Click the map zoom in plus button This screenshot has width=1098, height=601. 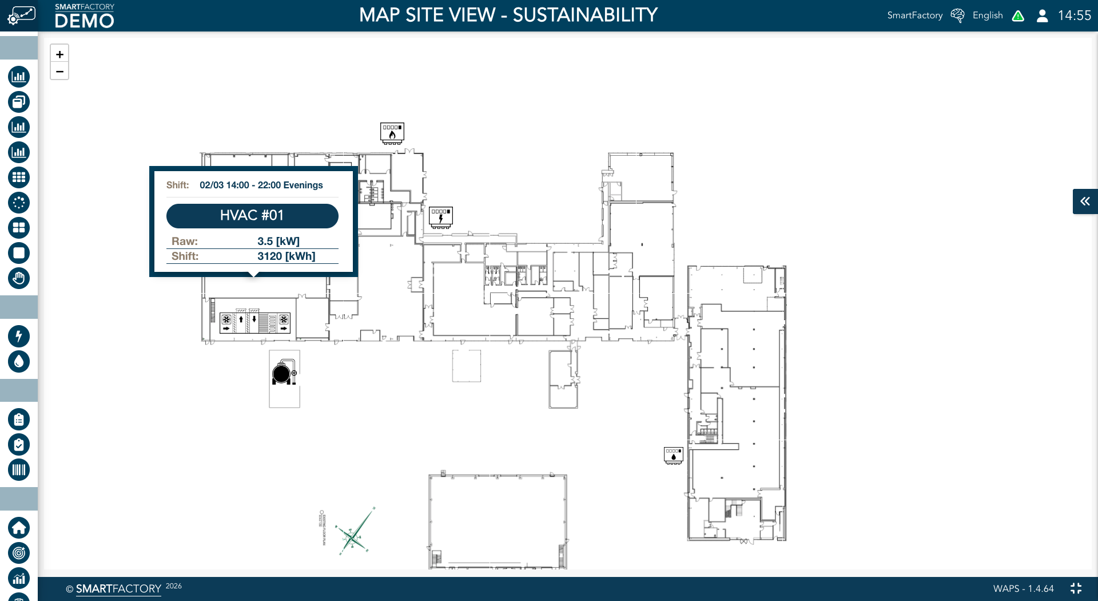click(x=59, y=54)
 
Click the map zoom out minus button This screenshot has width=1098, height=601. click(x=59, y=72)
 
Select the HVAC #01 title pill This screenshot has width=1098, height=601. click(x=252, y=216)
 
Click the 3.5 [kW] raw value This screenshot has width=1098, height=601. click(x=278, y=242)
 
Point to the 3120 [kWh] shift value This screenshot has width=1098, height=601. click(x=286, y=256)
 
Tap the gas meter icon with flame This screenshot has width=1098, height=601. click(x=392, y=133)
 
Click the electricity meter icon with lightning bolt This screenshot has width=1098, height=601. click(x=441, y=218)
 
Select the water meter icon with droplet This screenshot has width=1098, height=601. click(x=674, y=456)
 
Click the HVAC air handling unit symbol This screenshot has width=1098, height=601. click(x=255, y=323)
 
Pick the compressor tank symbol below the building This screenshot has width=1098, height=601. click(x=284, y=373)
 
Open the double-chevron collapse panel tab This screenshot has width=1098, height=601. click(x=1085, y=201)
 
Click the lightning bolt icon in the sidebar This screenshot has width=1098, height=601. click(x=19, y=337)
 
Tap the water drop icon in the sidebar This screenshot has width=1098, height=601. click(x=19, y=362)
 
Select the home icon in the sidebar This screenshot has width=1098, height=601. click(x=19, y=528)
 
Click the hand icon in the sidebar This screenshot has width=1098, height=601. click(x=19, y=278)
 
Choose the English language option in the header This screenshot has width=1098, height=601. click(x=988, y=15)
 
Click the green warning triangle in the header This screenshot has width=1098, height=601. click(x=1018, y=16)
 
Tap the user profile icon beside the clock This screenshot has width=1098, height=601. click(x=1042, y=15)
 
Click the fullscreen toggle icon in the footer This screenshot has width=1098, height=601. click(x=1076, y=588)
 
